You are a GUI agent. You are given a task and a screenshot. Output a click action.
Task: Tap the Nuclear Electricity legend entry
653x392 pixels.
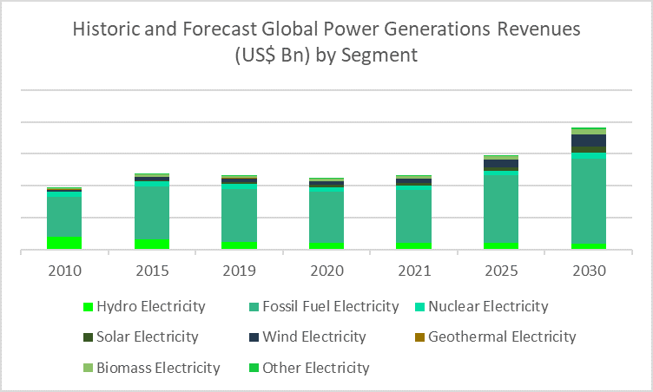(x=488, y=306)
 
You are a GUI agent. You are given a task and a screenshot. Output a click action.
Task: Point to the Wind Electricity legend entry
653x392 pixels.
(x=310, y=336)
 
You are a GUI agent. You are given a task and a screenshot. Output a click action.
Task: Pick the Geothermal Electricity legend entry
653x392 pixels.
(x=502, y=336)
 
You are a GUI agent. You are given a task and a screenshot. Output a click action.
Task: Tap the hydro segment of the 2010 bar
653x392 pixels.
(x=64, y=244)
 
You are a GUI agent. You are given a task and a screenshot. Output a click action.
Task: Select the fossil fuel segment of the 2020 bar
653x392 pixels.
(x=326, y=216)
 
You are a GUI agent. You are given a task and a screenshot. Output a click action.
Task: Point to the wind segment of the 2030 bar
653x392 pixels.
(x=588, y=140)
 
